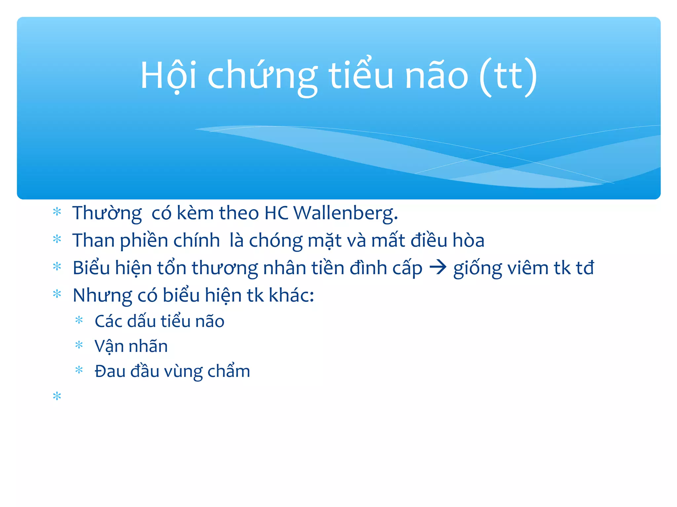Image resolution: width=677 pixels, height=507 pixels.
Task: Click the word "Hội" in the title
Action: click(x=169, y=76)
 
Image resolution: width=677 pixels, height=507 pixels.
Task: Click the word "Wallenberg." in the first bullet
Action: click(x=345, y=213)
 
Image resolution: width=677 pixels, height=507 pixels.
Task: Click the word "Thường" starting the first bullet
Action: click(x=107, y=213)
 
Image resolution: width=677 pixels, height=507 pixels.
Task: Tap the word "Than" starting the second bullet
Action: click(x=94, y=240)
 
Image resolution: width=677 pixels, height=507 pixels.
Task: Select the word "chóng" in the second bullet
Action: click(x=276, y=240)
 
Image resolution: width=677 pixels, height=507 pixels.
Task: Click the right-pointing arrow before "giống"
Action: click(x=438, y=267)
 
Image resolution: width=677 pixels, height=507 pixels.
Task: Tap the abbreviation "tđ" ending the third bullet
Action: click(x=585, y=268)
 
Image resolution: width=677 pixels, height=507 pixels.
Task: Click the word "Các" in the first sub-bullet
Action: click(x=108, y=321)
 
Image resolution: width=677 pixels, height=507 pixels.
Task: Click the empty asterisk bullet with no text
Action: click(x=57, y=396)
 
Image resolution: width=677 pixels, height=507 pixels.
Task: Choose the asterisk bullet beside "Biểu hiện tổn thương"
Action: click(x=57, y=267)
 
